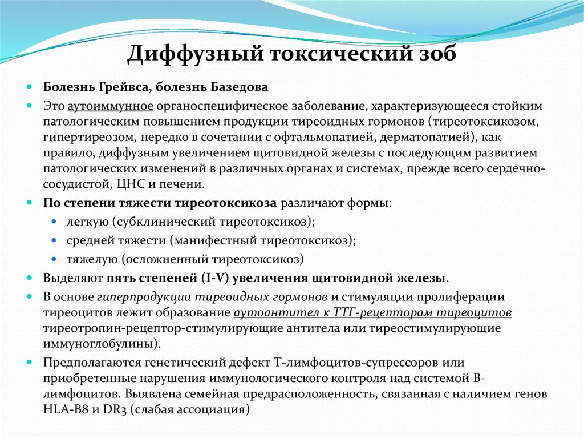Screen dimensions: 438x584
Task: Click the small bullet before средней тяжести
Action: [x=54, y=240]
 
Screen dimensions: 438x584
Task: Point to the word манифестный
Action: [x=204, y=240]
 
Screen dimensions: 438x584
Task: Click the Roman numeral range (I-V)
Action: [x=214, y=279]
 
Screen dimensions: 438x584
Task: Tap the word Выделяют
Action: [x=72, y=279]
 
